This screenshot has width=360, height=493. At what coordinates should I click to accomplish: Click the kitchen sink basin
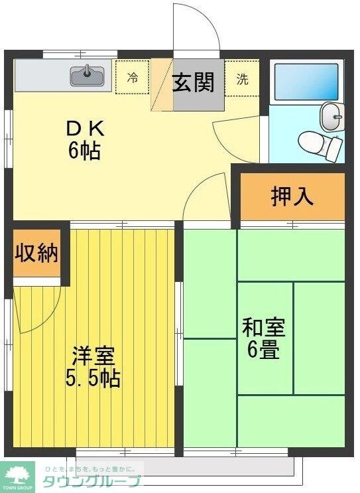[87, 77]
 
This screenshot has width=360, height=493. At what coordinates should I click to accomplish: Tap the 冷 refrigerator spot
[133, 78]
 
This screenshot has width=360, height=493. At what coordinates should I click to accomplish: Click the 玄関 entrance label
[194, 83]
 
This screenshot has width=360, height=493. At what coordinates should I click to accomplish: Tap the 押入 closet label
[292, 196]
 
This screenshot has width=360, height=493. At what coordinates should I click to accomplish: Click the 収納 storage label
[37, 253]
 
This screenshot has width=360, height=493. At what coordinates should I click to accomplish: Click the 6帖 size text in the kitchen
[84, 151]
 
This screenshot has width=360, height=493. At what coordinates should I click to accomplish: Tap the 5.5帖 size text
[93, 379]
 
